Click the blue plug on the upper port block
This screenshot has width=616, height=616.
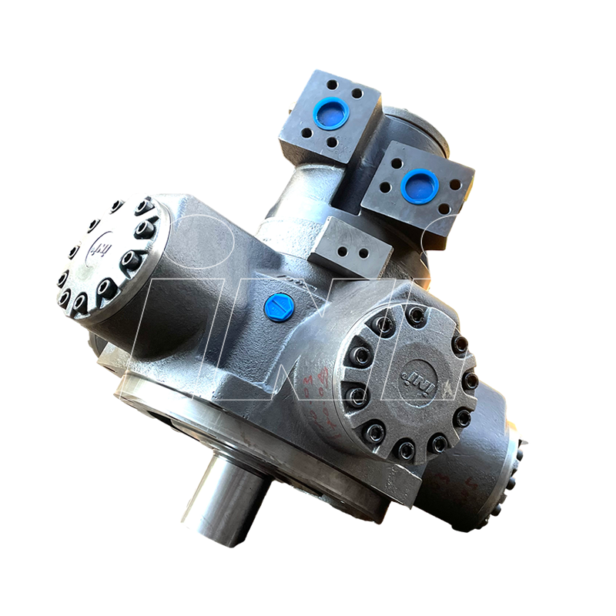click(x=332, y=114)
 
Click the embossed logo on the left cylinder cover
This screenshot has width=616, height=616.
click(x=98, y=249)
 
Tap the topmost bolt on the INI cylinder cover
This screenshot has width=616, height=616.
click(x=417, y=314)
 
